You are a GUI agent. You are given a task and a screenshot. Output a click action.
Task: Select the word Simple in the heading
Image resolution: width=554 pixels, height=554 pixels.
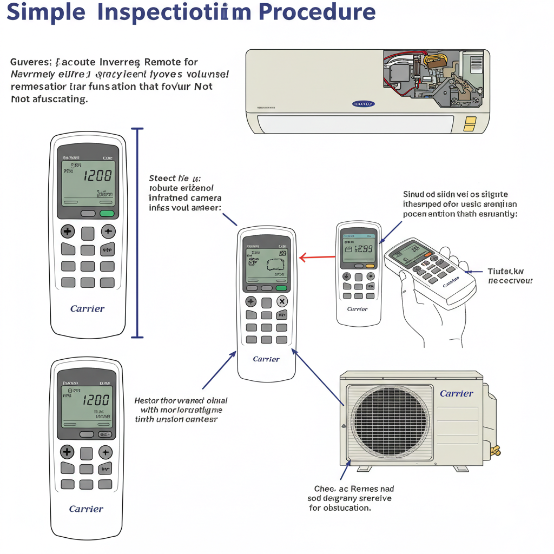pyautogui.click(x=45, y=12)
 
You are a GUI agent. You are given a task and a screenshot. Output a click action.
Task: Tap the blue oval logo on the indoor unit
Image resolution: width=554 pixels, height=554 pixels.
pyautogui.click(x=364, y=103)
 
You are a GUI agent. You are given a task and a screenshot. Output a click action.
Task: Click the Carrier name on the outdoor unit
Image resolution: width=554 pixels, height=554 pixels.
pyautogui.click(x=456, y=393)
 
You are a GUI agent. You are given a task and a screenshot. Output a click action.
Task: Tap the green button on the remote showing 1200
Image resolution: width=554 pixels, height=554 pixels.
pyautogui.click(x=107, y=213)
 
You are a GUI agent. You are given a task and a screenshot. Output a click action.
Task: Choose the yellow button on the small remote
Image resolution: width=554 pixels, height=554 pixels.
pyautogui.click(x=370, y=266)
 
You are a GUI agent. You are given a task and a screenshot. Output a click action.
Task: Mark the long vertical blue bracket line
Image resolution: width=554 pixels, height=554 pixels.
pyautogui.click(x=138, y=233)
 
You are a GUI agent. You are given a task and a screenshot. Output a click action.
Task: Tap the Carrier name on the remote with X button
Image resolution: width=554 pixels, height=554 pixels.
pyautogui.click(x=266, y=359)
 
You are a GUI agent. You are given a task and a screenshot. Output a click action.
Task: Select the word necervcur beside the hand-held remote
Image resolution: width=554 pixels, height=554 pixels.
pyautogui.click(x=510, y=281)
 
